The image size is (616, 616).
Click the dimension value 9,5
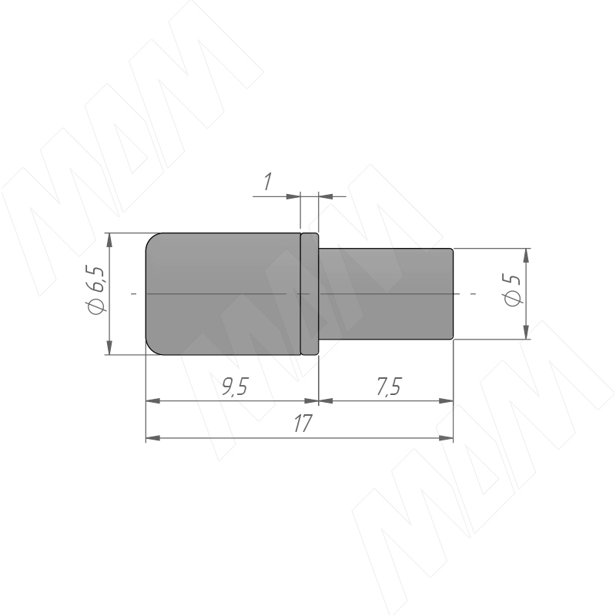235,387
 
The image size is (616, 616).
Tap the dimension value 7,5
389,387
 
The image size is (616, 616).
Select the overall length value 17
303,423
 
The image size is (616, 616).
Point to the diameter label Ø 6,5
95,291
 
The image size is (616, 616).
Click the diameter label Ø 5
513,290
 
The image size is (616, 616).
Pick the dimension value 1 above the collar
268,182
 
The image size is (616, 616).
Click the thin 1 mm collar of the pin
310,294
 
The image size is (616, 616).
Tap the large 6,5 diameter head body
223,294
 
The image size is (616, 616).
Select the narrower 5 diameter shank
386,293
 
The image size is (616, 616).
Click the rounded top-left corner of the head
151,239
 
